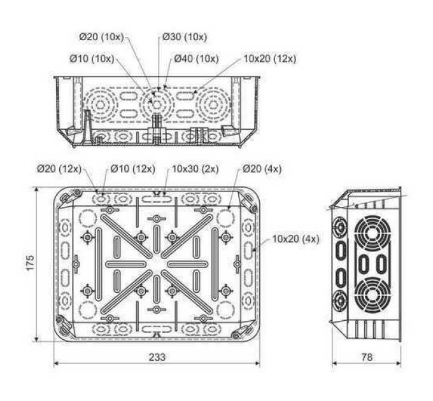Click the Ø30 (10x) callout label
[x=185, y=37]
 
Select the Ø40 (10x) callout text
[x=196, y=59]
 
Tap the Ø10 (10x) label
[x=92, y=59]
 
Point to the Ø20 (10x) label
[x=102, y=37]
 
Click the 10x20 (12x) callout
[x=270, y=59]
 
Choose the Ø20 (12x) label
[x=59, y=169]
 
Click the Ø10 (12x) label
[x=133, y=169]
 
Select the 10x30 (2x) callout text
[x=195, y=169]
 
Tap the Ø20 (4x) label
[x=262, y=169]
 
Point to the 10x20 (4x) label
[x=295, y=239]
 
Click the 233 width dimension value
[x=157, y=357]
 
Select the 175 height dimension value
[x=31, y=262]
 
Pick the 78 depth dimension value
[x=367, y=357]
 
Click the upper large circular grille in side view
[x=373, y=234]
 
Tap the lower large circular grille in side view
[x=373, y=295]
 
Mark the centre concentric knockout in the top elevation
[x=157, y=105]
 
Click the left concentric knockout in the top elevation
[x=100, y=105]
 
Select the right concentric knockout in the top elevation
[x=213, y=105]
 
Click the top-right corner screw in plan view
[x=253, y=209]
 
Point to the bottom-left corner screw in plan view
[x=59, y=320]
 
